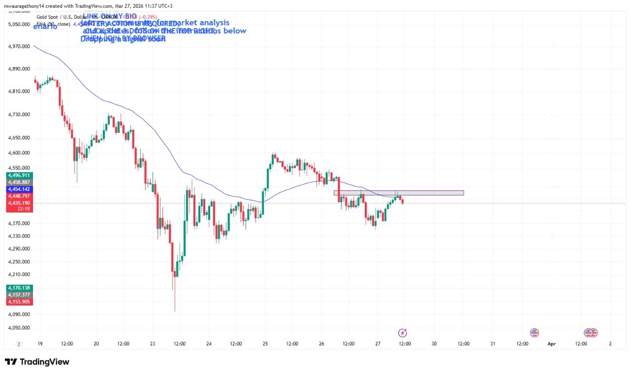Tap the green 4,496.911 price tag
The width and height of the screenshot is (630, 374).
[19, 175]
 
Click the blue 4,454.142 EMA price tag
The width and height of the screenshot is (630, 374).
[19, 189]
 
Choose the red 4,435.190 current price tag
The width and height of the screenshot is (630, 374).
[19, 203]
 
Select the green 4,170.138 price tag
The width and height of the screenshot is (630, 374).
[19, 287]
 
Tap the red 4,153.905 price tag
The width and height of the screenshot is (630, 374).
[19, 302]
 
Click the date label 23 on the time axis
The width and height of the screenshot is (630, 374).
[153, 344]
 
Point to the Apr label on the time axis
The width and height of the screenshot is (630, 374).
[551, 344]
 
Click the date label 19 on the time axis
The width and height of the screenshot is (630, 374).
[39, 344]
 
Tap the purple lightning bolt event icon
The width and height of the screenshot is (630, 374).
[403, 333]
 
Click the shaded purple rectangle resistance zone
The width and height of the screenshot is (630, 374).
[399, 193]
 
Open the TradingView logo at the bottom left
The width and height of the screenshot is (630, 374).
[37, 362]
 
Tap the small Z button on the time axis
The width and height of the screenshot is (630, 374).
[19, 344]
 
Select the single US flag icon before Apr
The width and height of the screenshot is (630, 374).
[535, 333]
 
